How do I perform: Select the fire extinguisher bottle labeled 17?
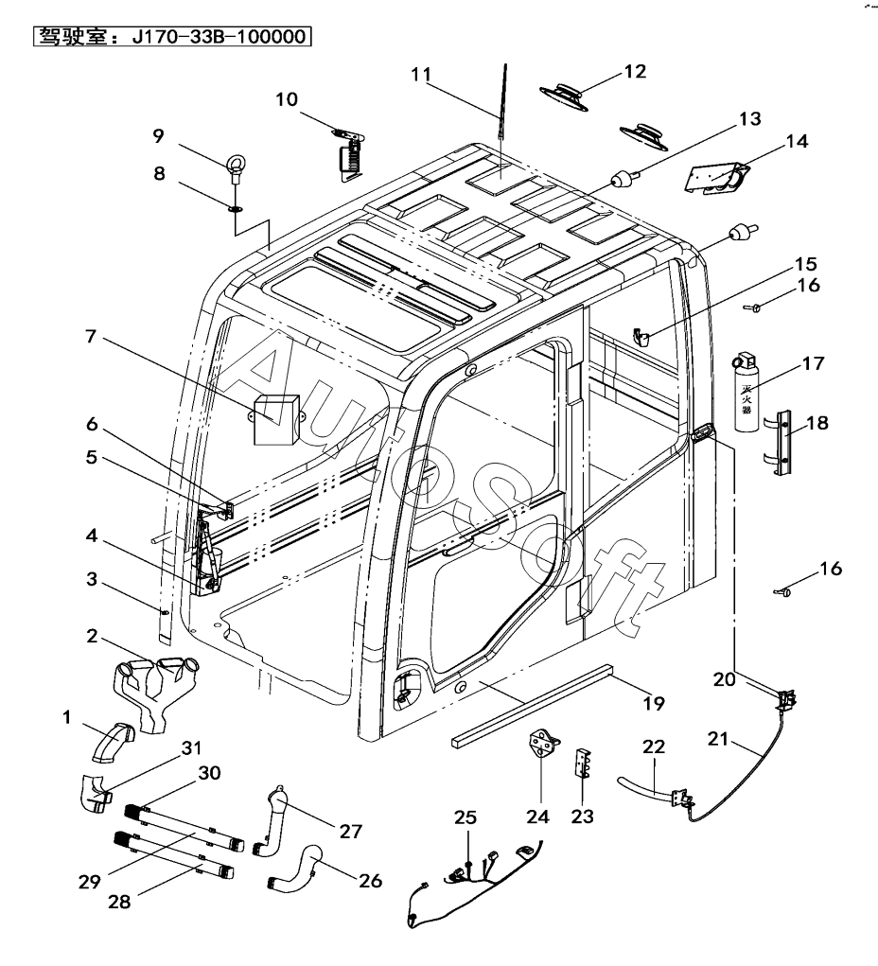coord(746,395)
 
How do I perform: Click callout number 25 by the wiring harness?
coord(464,817)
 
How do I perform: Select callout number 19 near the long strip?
coord(653,703)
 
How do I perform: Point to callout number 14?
coord(797,142)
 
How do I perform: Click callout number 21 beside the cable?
coord(718,739)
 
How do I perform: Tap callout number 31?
coord(192,747)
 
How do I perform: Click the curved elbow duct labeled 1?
coord(112,744)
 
